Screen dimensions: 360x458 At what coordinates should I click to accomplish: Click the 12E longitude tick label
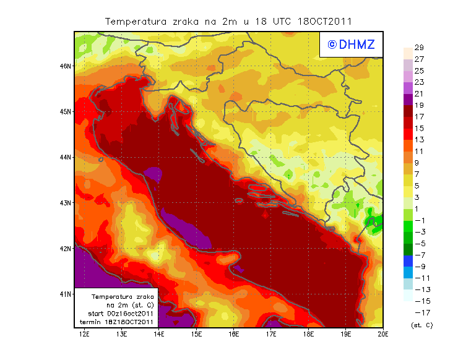[84, 334]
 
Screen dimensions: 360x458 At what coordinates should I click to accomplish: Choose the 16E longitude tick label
[233, 334]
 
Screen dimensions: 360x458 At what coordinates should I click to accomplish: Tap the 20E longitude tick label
[382, 334]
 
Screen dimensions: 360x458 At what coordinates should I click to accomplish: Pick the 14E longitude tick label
[159, 334]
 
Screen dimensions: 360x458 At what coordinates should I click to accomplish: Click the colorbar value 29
[418, 48]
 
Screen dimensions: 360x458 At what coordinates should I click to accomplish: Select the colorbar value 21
[418, 93]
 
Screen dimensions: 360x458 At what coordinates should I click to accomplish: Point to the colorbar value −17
[418, 312]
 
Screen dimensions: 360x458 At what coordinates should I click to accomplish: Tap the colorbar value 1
[418, 208]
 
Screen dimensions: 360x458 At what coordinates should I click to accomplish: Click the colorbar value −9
[418, 266]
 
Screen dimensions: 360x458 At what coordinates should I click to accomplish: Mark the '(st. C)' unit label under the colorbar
[421, 325]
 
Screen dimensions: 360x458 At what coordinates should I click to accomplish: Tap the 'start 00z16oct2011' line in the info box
[117, 314]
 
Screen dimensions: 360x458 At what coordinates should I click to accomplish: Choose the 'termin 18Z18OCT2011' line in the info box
[117, 322]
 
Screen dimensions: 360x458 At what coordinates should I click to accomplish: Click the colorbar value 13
[418, 139]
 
